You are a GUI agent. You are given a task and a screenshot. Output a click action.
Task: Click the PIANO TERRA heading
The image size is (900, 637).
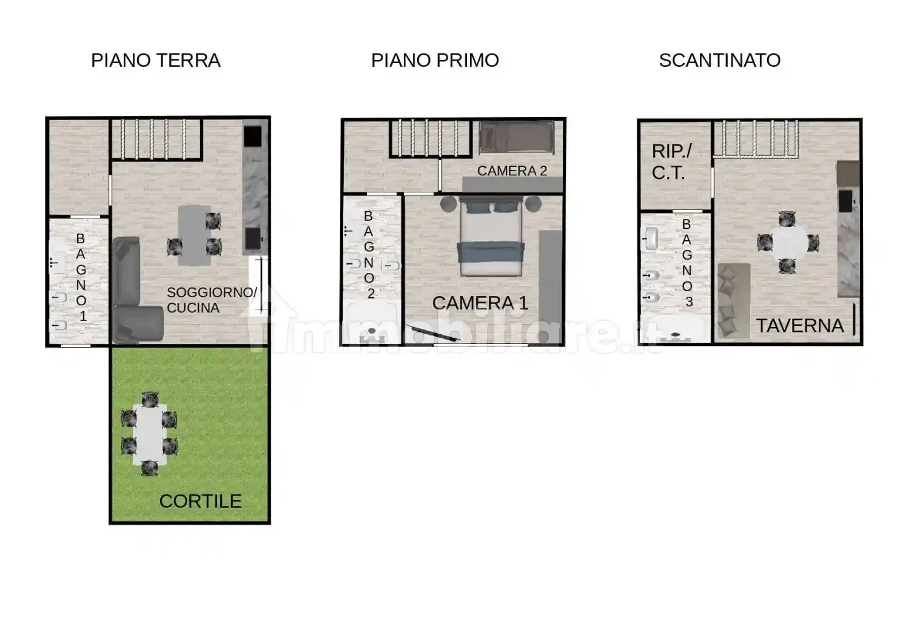(x=155, y=60)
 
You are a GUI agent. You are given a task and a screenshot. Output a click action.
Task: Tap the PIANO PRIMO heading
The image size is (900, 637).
(x=435, y=60)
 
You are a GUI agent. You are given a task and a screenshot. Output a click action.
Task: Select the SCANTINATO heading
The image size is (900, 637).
(x=719, y=60)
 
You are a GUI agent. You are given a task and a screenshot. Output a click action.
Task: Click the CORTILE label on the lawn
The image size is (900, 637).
(x=200, y=501)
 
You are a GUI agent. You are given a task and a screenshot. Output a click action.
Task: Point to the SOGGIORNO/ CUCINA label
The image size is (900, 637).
(x=211, y=300)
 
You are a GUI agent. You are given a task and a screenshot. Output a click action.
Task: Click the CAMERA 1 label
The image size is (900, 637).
(x=480, y=303)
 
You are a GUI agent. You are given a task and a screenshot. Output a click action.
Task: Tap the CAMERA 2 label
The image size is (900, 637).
(x=512, y=171)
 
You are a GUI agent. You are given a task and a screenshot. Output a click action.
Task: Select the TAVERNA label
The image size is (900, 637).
(x=799, y=326)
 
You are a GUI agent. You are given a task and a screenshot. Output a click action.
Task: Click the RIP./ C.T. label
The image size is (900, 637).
(x=671, y=161)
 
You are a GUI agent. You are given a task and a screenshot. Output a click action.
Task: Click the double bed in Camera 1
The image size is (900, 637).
(x=491, y=237)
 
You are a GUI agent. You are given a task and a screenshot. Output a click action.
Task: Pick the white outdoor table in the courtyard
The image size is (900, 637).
(x=149, y=434)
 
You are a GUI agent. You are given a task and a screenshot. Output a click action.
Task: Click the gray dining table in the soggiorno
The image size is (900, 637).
(x=193, y=235)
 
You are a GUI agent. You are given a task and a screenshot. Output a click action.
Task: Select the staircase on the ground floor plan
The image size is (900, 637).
(x=156, y=139)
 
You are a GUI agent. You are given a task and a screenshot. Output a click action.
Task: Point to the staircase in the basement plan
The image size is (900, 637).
(x=755, y=138)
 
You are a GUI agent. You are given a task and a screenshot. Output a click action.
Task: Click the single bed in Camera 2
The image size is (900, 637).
(x=517, y=137)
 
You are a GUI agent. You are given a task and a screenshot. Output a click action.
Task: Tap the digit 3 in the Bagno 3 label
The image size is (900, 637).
(x=688, y=302)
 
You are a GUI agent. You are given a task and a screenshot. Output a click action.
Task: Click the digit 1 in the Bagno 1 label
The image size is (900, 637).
(x=83, y=316)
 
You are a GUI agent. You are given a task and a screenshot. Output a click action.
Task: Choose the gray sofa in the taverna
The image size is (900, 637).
(x=733, y=300)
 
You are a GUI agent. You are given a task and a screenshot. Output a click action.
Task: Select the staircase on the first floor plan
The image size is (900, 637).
(x=429, y=138)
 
